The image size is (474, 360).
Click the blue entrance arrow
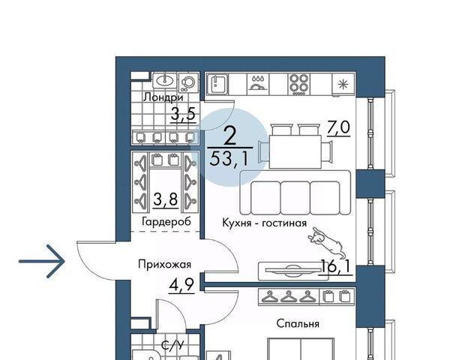[42, 261]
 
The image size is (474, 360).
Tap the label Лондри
[163, 97]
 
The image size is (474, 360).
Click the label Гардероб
[166, 222]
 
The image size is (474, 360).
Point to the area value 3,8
[165, 199]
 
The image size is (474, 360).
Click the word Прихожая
[164, 265]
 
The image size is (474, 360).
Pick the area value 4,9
[181, 284]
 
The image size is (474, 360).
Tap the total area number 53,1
[229, 158]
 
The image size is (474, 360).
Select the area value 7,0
[338, 127]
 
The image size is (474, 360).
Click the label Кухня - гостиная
[265, 223]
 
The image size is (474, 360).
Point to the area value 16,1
[336, 266]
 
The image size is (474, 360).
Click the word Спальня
[298, 324]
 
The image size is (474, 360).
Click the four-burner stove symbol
[298, 84]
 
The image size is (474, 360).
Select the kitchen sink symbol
[218, 84]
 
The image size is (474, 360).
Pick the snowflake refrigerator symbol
[343, 84]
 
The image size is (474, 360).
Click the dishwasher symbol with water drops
[258, 83]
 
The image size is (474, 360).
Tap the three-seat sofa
[295, 193]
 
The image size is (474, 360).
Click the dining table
[295, 151]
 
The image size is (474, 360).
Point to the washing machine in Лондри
[189, 82]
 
